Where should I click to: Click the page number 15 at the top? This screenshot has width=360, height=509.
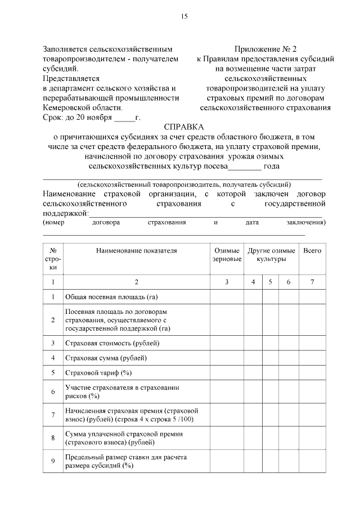(183, 16)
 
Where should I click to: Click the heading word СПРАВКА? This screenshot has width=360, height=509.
(184, 127)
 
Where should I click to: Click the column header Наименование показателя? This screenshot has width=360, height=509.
(136, 251)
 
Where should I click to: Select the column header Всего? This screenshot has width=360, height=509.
(312, 251)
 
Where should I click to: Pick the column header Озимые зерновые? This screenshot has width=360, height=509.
(227, 255)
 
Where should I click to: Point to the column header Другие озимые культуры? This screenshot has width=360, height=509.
(271, 255)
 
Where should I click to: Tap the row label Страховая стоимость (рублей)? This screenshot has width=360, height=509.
(112, 343)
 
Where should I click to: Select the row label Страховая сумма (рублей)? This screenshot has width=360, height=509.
(106, 358)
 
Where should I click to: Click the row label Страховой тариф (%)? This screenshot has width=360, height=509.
(98, 372)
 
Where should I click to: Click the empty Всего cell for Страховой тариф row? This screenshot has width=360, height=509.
(312, 372)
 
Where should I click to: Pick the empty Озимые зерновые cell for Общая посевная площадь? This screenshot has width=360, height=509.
(227, 296)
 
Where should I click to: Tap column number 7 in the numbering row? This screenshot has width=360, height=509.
(312, 281)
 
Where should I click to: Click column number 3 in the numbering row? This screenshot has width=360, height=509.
(227, 281)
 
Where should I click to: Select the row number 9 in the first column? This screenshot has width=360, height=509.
(52, 462)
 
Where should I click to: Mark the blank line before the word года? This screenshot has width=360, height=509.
(245, 167)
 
